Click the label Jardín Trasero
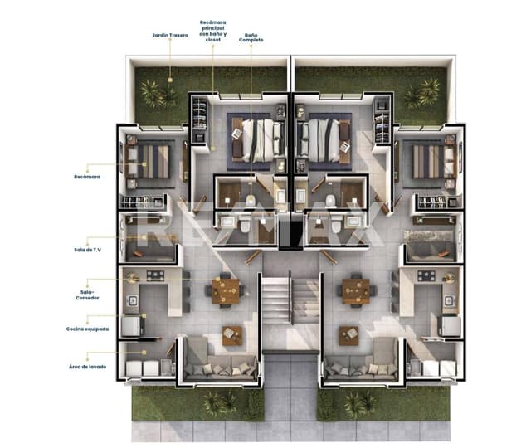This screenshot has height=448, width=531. coord(169,35)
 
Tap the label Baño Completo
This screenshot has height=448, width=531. coord(251,37)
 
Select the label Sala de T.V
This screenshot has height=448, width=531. coord(87,250)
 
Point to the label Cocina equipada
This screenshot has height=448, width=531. coord(87,329)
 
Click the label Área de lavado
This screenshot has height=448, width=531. coord(87,367)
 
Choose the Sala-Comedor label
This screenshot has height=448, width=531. coord(87,295)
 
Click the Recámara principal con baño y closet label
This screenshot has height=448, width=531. coord(212,31)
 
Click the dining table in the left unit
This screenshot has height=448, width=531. coord(226,291)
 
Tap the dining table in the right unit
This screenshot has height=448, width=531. coord(356,291)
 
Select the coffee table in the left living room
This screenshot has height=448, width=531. coord(232,335)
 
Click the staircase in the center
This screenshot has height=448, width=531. coord(290,299)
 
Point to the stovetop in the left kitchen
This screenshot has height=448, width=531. coord(155,275)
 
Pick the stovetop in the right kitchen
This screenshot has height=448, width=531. coord(426,275)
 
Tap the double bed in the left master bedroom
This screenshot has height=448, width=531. coord(258,140)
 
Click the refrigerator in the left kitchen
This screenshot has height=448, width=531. coord(133,326)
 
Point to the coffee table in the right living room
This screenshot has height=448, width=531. coord(348,335)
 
